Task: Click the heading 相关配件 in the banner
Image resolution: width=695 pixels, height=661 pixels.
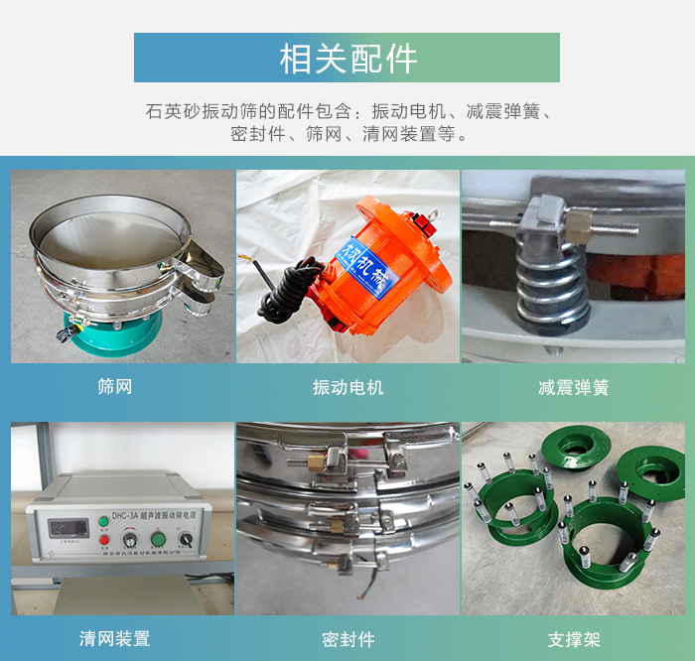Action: [347, 59]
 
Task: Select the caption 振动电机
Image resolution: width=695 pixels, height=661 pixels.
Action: [347, 387]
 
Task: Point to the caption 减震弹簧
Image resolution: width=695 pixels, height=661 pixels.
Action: [573, 387]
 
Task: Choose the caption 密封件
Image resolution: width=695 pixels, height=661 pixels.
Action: [347, 638]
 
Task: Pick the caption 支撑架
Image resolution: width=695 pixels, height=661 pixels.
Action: [573, 638]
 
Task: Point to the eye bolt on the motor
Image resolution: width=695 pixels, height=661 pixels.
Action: [433, 212]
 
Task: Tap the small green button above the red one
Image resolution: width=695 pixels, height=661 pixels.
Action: [103, 520]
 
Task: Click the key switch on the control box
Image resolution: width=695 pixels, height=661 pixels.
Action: [187, 538]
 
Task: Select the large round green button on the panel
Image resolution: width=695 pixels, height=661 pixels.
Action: [158, 539]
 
